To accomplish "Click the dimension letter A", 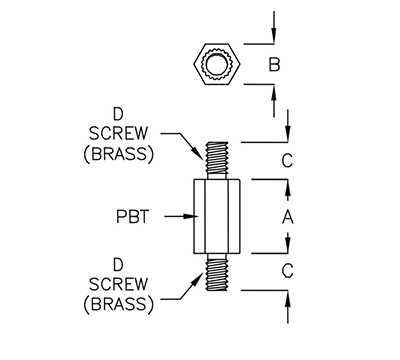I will pyautogui.click(x=289, y=217).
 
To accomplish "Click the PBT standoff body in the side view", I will pyautogui.click(x=216, y=216).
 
